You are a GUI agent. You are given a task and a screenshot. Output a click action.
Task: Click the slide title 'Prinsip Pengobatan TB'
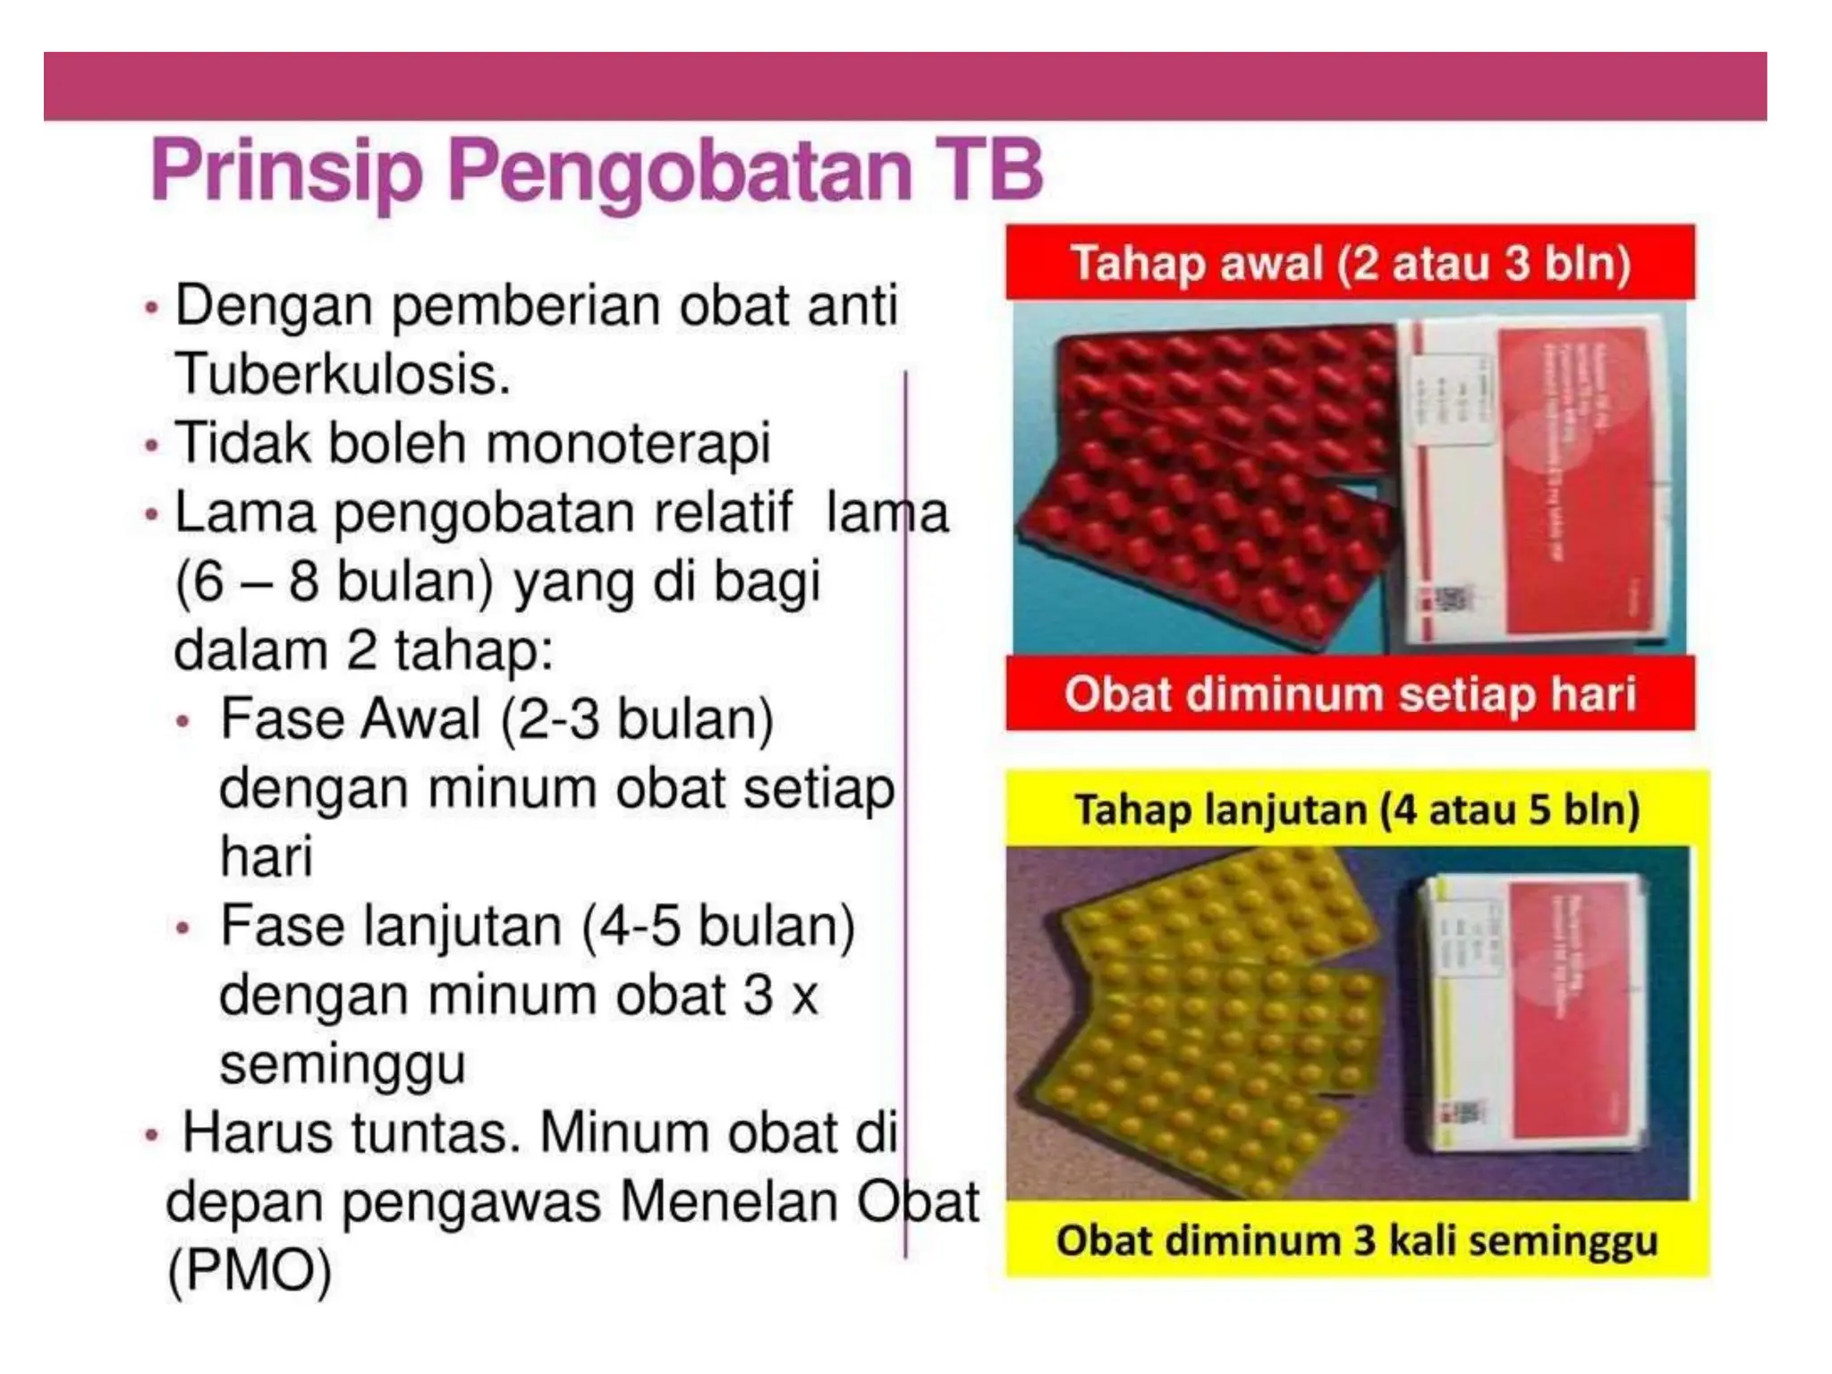597,172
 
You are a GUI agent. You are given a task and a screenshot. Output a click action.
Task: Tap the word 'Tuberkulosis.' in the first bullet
342,374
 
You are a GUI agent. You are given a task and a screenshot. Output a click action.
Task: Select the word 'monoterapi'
628,443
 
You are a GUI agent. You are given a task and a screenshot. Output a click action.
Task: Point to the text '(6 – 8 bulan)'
334,582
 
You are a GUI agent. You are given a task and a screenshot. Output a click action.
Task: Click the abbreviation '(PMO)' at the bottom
250,1269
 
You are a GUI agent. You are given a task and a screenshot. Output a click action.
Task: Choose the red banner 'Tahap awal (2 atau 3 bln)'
1350,263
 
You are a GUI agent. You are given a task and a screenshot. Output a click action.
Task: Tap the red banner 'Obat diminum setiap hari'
1350,693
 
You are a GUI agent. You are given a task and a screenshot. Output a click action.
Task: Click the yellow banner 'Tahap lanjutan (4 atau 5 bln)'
1357,810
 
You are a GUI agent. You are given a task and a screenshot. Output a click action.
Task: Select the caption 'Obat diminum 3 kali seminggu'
1357,1242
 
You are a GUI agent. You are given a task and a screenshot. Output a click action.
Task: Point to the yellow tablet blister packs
1208,1011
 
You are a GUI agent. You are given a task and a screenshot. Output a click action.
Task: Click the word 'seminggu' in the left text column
343,1064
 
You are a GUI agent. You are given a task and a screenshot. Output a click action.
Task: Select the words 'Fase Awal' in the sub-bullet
351,719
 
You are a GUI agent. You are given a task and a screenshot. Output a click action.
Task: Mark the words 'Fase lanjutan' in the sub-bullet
391,926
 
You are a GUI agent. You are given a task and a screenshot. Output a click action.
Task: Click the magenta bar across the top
904,86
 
